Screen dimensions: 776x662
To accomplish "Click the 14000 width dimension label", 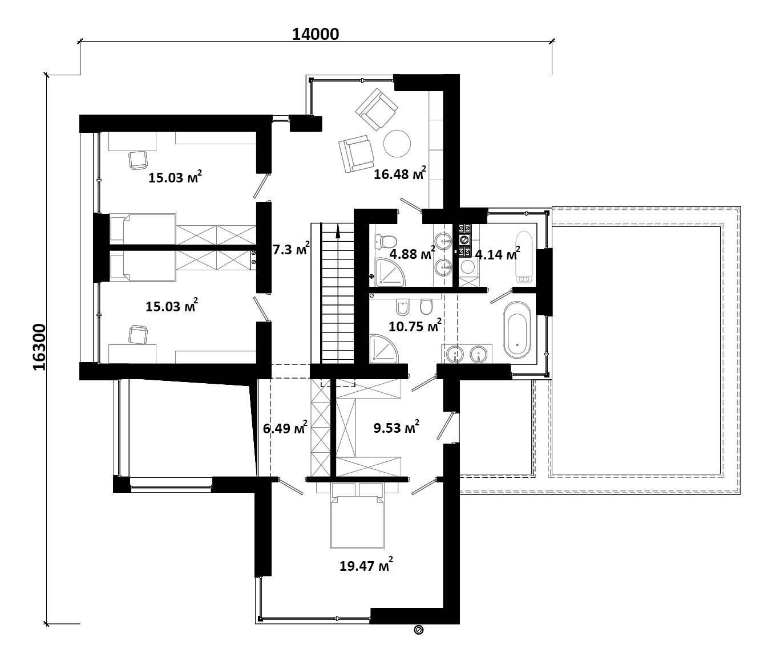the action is point(316,34).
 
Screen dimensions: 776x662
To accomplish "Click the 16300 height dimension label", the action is point(39,347).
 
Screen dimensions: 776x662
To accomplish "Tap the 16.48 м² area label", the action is point(400,173).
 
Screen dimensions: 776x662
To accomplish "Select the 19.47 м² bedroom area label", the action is point(366,564).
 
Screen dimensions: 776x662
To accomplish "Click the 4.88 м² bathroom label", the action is point(412,253).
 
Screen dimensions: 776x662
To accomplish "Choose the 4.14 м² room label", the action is point(498,254).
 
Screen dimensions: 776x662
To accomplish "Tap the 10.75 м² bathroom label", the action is point(415,326).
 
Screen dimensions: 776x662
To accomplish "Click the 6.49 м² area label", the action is point(285,428).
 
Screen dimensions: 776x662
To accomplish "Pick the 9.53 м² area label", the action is point(396,427).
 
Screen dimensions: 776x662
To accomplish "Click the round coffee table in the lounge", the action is point(397,144).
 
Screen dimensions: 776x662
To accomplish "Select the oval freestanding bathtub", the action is point(517,330).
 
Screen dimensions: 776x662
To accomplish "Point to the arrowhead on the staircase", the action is point(338,232).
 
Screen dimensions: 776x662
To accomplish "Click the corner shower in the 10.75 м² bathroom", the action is point(383,349).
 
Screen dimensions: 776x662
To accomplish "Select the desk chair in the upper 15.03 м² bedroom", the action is point(138,160).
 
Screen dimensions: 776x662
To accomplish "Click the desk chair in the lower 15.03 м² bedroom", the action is point(138,335).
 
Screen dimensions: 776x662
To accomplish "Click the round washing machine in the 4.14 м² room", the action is point(468,267).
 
